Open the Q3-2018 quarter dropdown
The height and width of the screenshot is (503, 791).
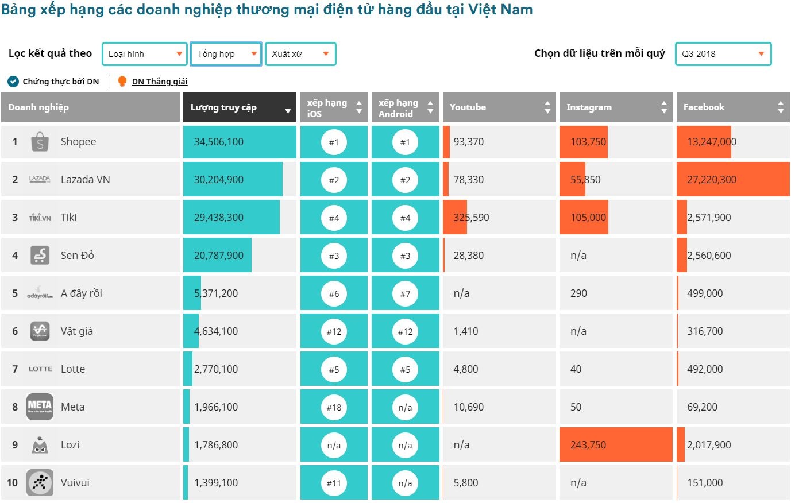pyautogui.click(x=723, y=54)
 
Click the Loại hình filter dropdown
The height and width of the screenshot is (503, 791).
pyautogui.click(x=145, y=54)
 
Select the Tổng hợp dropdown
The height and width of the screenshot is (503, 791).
pyautogui.click(x=226, y=54)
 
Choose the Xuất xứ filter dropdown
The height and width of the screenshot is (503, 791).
pyautogui.click(x=300, y=54)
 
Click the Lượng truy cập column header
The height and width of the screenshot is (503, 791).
pyautogui.click(x=240, y=107)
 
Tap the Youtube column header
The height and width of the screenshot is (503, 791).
pyautogui.click(x=499, y=107)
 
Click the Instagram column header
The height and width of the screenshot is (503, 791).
pyautogui.click(x=615, y=107)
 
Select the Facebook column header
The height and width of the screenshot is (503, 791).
pyautogui.click(x=732, y=107)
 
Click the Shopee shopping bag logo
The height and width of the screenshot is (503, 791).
pyautogui.click(x=40, y=142)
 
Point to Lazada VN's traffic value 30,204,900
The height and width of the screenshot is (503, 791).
pyautogui.click(x=219, y=180)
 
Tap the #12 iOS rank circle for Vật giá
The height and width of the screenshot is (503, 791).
pyautogui.click(x=334, y=331)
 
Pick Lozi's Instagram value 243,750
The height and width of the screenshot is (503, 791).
pyautogui.click(x=588, y=445)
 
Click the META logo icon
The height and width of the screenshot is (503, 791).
pyautogui.click(x=40, y=407)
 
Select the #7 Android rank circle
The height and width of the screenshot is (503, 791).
pyautogui.click(x=405, y=293)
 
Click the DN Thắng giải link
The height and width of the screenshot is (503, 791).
pyautogui.click(x=160, y=82)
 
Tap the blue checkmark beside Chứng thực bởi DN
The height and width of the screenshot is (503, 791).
pyautogui.click(x=13, y=82)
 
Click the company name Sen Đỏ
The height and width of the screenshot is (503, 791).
pyautogui.click(x=78, y=256)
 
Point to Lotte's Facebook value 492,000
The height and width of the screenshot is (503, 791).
pyautogui.click(x=705, y=369)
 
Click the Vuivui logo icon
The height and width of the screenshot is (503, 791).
pyautogui.click(x=40, y=483)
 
